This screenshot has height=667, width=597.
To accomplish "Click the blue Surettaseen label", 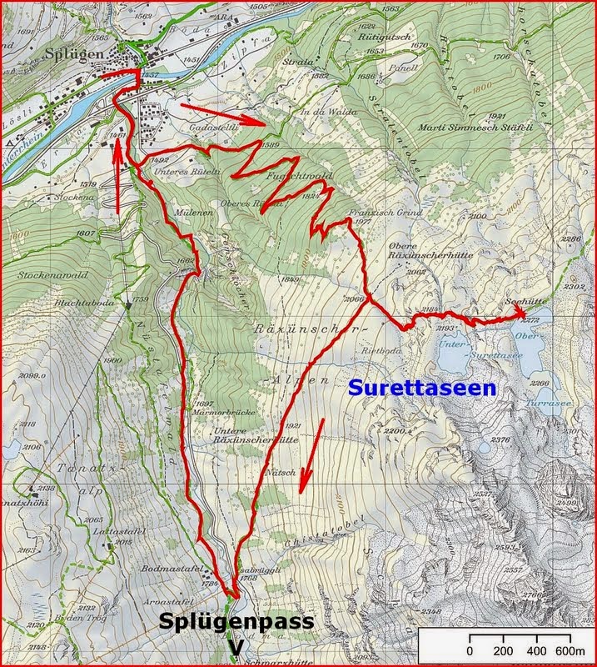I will [x=421, y=388].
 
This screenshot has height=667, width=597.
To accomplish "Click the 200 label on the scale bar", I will [x=504, y=650].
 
